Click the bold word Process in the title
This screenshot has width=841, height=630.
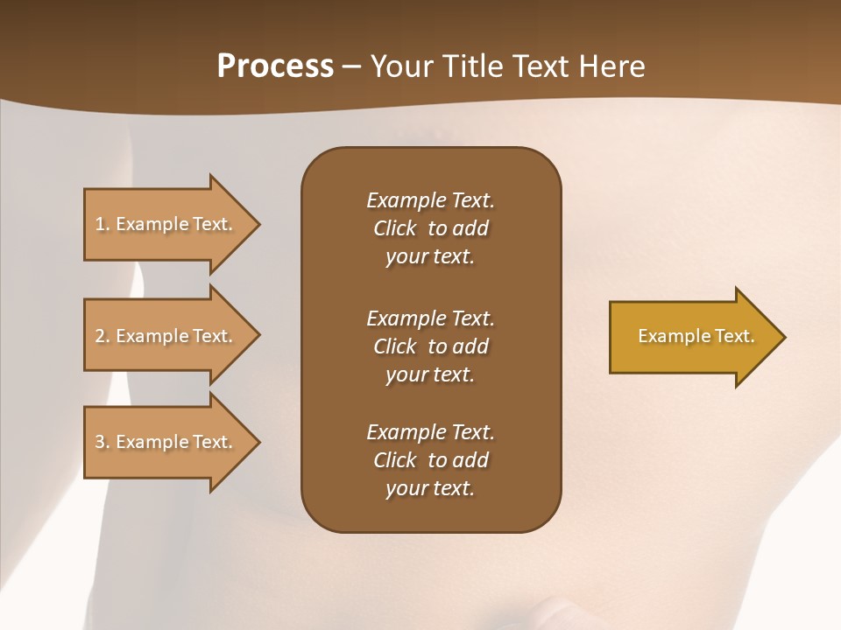click(x=275, y=66)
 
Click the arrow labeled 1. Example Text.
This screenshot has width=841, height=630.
click(x=166, y=224)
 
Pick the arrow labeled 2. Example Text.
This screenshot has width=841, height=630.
click(x=166, y=336)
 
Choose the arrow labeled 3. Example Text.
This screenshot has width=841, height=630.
click(x=166, y=442)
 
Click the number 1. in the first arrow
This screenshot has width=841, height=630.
click(x=102, y=224)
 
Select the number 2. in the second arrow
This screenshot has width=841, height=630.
click(x=102, y=336)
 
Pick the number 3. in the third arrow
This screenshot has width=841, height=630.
click(x=102, y=442)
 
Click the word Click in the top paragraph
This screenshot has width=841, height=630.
click(x=394, y=228)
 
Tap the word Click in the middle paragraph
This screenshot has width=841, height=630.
click(x=394, y=346)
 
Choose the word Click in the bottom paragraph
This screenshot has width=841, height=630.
click(x=394, y=460)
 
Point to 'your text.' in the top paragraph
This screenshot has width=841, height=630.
click(x=429, y=256)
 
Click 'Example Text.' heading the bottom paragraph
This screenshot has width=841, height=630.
click(x=430, y=432)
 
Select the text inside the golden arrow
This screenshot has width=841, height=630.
click(x=696, y=336)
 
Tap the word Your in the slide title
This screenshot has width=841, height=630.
click(x=400, y=66)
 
